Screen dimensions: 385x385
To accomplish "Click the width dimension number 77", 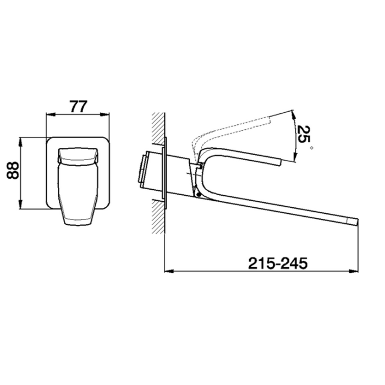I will click(79, 106).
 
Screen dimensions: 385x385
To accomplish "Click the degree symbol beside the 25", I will click(312, 147).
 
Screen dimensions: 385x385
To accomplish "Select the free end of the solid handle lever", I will click(279, 161).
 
